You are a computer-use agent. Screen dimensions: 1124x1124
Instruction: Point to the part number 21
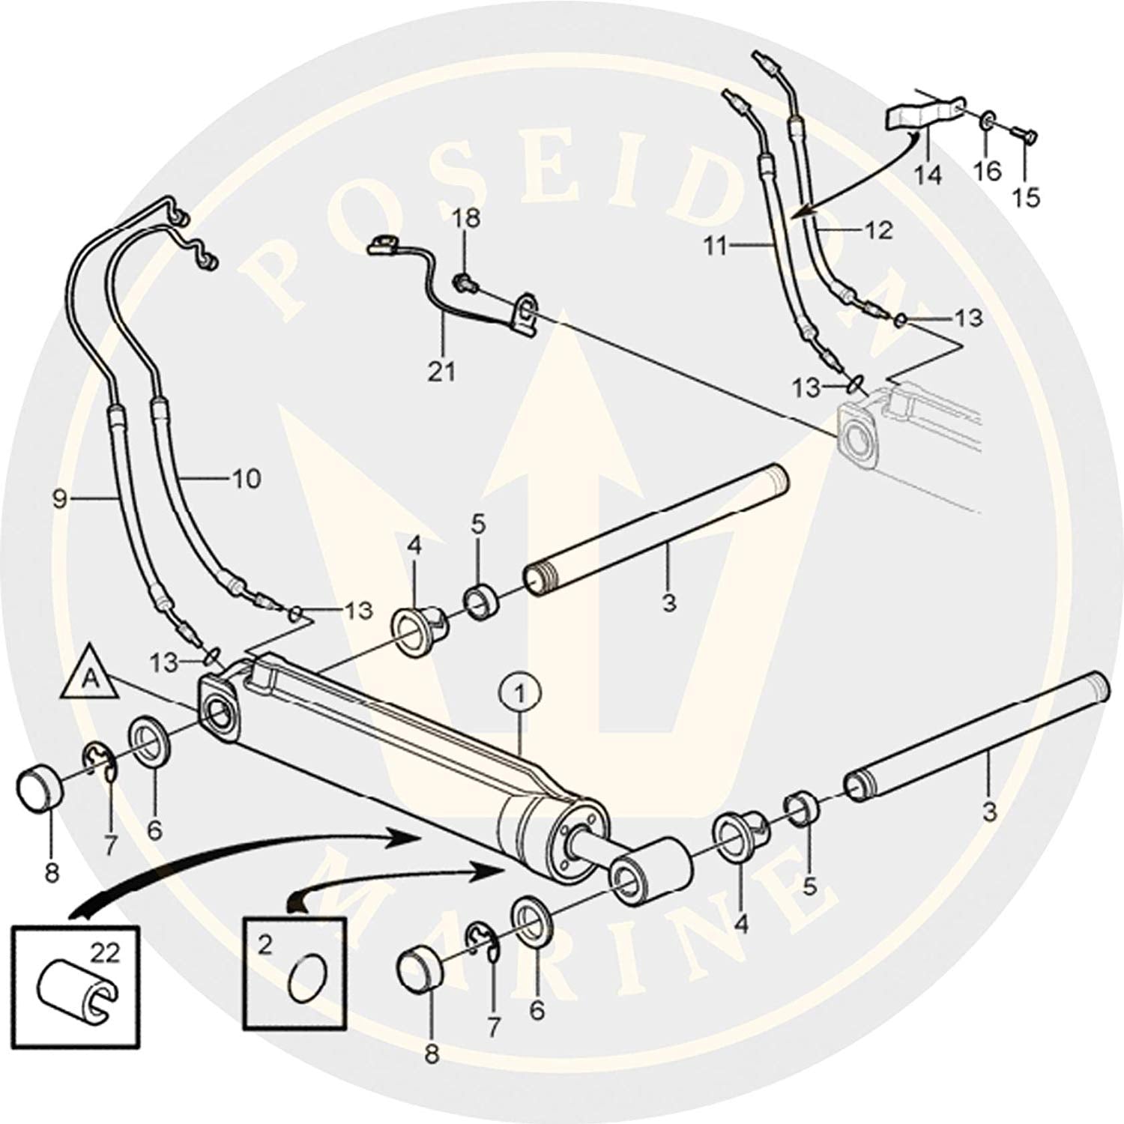point(441,371)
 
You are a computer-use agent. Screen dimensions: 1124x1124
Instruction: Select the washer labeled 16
point(988,120)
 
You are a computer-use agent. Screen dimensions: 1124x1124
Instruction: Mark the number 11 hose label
point(716,244)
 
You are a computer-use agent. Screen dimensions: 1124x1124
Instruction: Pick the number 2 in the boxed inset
point(265,946)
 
